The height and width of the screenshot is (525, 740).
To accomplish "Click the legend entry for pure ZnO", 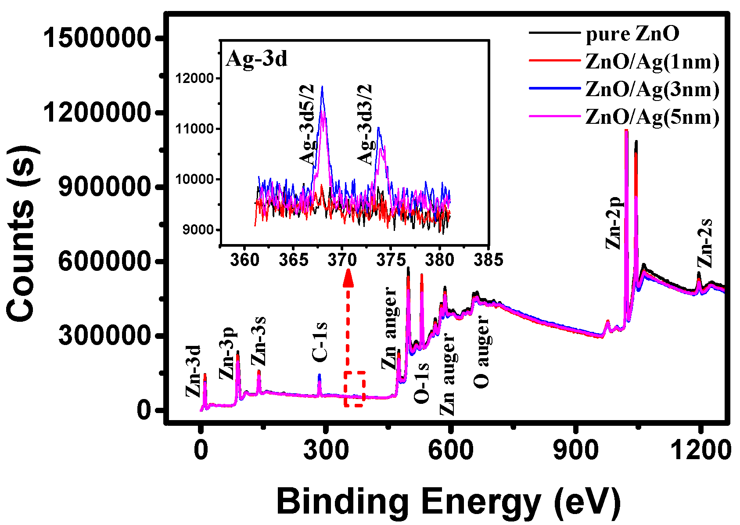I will (x=632, y=34).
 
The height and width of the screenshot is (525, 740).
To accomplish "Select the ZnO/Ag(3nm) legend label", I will (x=652, y=89).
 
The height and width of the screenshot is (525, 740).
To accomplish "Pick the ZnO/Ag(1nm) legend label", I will (x=652, y=62).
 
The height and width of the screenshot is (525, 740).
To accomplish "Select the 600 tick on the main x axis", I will (x=450, y=450).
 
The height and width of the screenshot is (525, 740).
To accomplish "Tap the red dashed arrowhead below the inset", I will (x=348, y=277).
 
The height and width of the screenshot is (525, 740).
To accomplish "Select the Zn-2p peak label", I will (x=614, y=223).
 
